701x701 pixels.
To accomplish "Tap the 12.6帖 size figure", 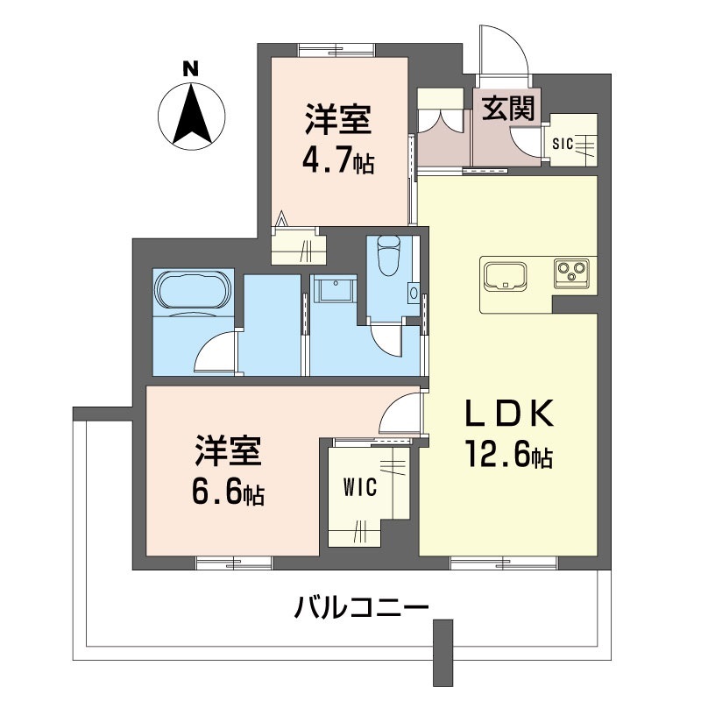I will [507, 456].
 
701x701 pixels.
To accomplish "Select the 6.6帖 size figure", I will [229, 493].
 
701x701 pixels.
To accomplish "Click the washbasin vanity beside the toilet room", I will [331, 289].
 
